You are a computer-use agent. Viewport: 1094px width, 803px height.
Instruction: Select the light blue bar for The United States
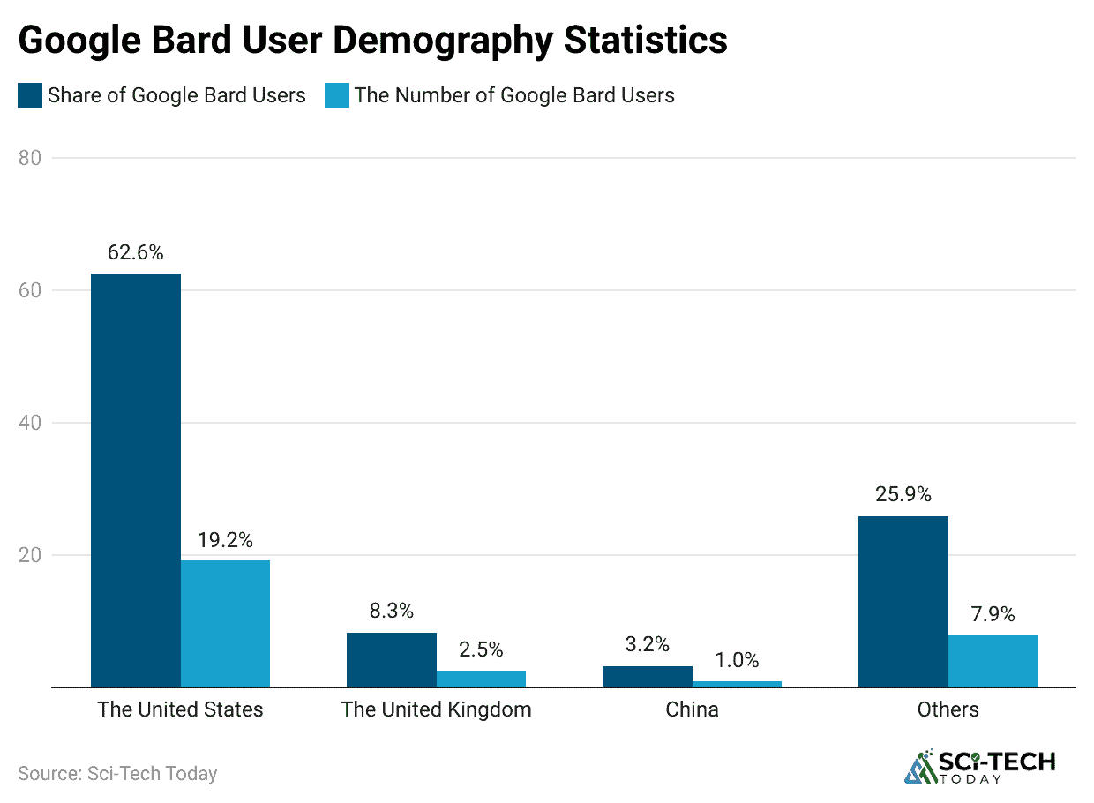[x=225, y=623]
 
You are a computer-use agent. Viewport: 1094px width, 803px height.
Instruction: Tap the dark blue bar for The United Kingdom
[x=391, y=659]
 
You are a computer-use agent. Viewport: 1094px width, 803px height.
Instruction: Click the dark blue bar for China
[x=648, y=676]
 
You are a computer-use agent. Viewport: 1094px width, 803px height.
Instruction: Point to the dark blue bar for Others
[x=903, y=601]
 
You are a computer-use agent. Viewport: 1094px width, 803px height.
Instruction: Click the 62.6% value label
[x=136, y=252]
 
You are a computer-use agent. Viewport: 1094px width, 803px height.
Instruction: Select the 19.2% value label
[x=225, y=539]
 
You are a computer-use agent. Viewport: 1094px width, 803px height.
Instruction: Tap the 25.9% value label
[x=903, y=494]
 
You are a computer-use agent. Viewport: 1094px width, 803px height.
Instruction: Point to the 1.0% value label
[x=737, y=659]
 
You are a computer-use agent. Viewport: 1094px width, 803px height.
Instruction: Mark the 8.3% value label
[x=391, y=611]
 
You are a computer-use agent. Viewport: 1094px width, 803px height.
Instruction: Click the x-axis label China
[x=692, y=709]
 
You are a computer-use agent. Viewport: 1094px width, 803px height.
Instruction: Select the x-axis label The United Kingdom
[x=436, y=709]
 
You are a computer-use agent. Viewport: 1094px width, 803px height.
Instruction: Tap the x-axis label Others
[x=948, y=709]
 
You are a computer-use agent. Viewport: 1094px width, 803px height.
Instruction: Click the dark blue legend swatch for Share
[x=30, y=95]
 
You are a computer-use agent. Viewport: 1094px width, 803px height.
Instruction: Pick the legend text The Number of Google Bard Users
[x=514, y=95]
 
